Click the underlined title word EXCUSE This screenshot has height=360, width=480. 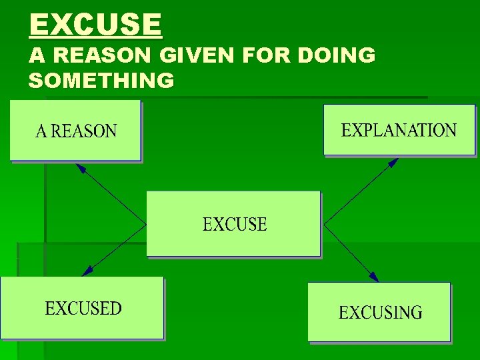(95, 26)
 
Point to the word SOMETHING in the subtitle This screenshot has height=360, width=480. (101, 81)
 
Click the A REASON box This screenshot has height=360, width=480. (75, 131)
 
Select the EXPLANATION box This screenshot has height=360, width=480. (399, 130)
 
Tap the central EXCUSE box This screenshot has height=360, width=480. (234, 224)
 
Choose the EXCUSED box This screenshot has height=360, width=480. (82, 308)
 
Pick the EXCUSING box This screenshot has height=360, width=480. (379, 312)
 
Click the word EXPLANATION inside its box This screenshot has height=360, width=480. (399, 130)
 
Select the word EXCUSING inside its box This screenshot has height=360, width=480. (380, 313)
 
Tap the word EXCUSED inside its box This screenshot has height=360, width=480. (83, 309)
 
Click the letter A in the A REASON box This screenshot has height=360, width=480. (41, 131)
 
